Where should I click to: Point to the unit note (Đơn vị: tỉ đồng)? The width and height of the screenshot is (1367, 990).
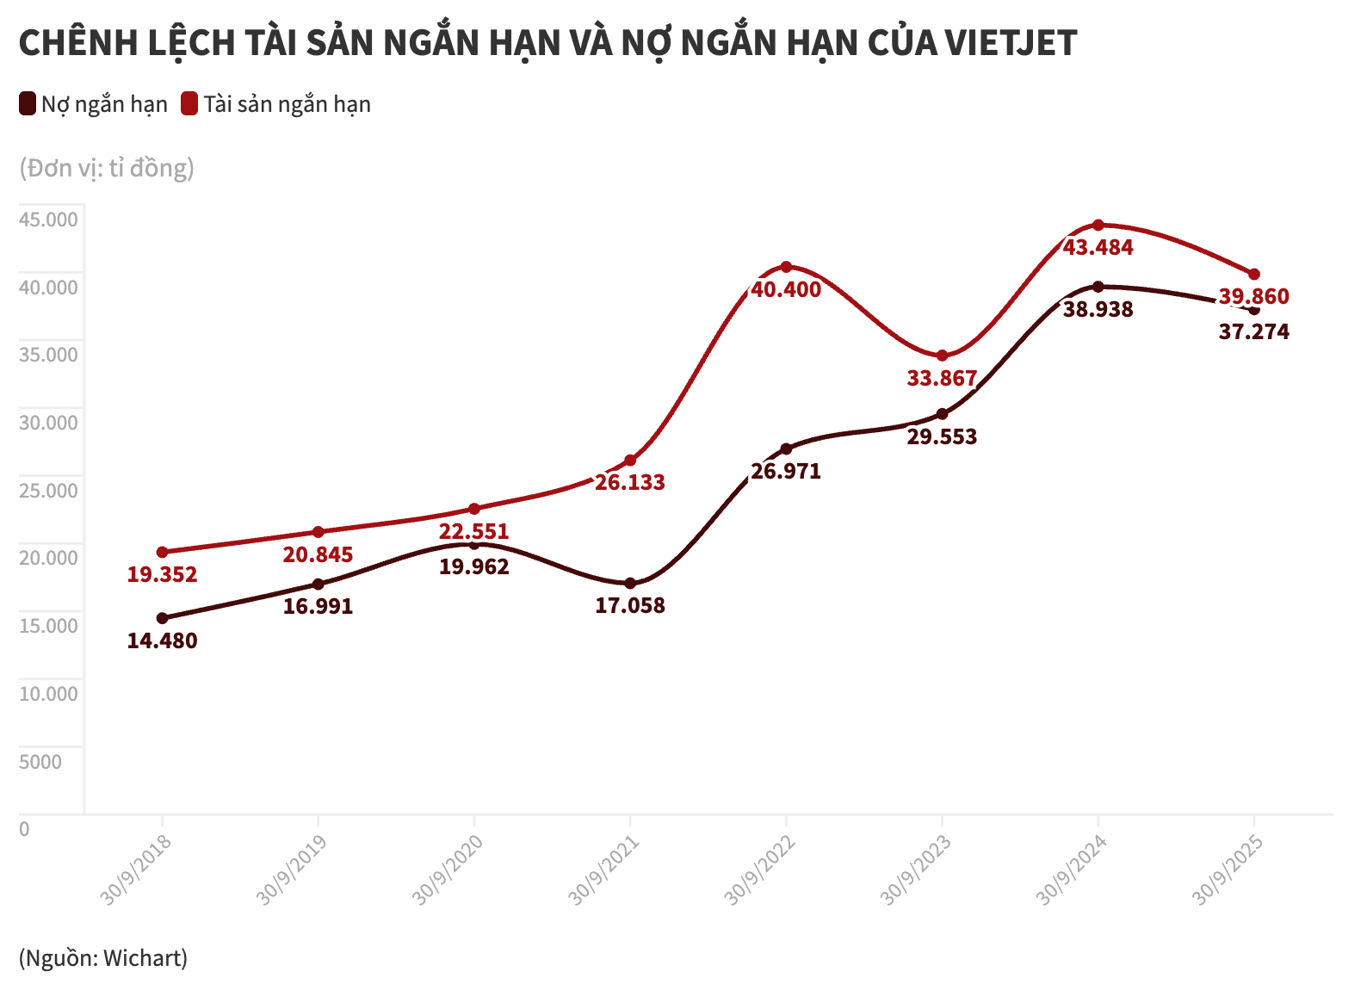click(107, 167)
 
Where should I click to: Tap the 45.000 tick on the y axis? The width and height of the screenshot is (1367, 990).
click(48, 220)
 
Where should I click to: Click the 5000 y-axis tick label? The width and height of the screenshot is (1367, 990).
click(40, 762)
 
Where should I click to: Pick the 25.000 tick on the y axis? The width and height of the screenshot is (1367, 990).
click(48, 491)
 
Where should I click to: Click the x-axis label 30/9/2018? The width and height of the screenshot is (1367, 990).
click(136, 869)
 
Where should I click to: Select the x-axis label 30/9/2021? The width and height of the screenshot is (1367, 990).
click(604, 869)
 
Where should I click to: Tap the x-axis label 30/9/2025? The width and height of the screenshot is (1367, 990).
click(1228, 869)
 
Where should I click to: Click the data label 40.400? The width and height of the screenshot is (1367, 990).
click(786, 289)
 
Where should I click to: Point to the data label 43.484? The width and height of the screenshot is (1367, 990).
click(1098, 247)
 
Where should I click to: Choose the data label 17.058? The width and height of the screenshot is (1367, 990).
click(630, 605)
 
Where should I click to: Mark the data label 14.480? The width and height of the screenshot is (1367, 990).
click(162, 640)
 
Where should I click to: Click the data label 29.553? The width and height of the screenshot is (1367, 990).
click(942, 436)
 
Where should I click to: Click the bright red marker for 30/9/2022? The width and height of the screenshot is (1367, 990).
click(786, 267)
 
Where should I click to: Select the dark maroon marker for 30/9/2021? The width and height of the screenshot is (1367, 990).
click(630, 584)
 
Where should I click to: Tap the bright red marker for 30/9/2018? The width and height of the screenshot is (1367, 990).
click(162, 552)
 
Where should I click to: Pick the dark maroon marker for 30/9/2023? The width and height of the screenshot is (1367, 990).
click(942, 414)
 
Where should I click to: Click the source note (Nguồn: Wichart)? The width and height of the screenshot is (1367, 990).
click(103, 957)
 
